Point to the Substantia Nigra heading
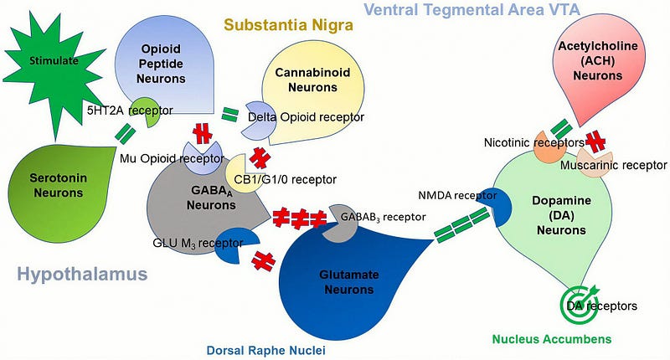[288, 25]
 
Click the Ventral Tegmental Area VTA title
[472, 9]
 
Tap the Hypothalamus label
[82, 274]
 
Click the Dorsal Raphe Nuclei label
[265, 351]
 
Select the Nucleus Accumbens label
[552, 339]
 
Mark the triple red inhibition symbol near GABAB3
[300, 218]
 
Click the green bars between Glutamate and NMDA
[462, 224]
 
